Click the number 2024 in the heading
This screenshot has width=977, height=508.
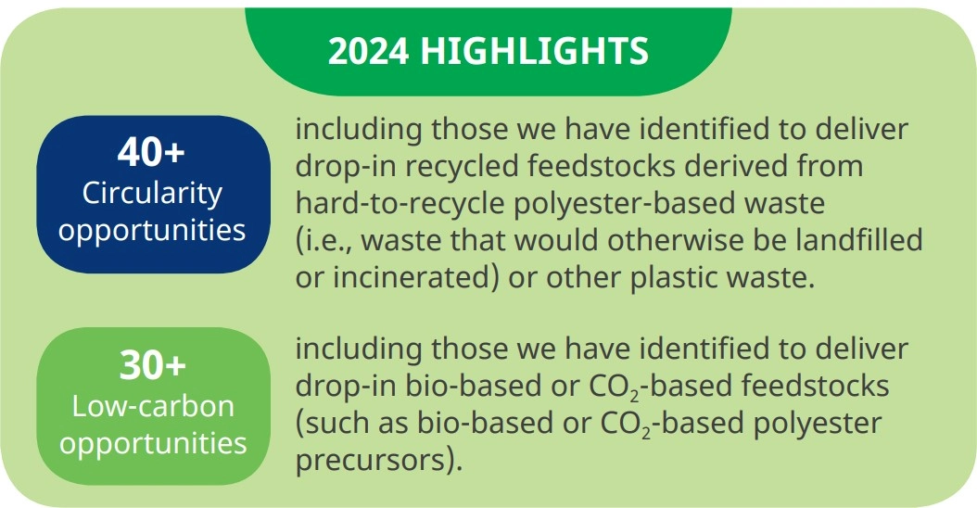tap(368, 50)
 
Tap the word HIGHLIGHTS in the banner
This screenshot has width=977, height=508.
tap(535, 50)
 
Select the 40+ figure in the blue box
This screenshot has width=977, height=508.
tap(151, 151)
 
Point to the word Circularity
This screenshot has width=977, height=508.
tap(152, 193)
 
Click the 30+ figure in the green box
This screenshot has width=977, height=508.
tap(153, 364)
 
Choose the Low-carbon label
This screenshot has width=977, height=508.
tap(153, 406)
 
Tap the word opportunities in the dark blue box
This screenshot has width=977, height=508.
tap(152, 231)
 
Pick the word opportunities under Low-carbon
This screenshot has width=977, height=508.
tap(153, 444)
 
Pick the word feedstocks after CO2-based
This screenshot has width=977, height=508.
tap(816, 386)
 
